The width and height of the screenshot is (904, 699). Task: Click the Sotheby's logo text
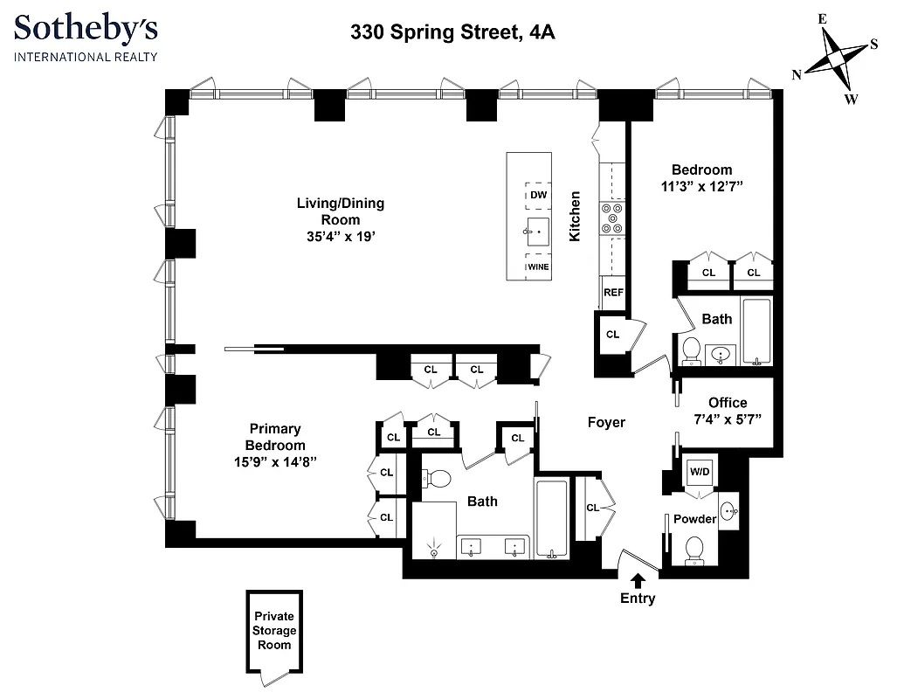click(86, 30)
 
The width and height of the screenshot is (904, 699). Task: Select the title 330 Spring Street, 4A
click(452, 33)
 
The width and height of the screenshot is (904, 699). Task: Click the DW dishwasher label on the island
click(538, 195)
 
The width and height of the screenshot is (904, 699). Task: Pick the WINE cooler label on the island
click(538, 266)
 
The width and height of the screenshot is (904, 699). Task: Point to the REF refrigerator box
click(613, 293)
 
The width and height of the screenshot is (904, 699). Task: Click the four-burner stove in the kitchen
click(611, 218)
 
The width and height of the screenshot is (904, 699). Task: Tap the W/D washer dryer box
click(700, 473)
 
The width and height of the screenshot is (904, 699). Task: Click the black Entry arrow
click(638, 579)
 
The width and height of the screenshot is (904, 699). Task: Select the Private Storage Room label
click(274, 630)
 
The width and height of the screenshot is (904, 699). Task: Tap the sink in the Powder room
click(728, 509)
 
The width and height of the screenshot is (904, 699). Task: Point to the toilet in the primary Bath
click(437, 479)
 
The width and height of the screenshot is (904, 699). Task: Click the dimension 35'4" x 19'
click(340, 236)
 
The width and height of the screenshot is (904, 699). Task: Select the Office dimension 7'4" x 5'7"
click(728, 419)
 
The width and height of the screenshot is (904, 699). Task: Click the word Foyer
click(605, 422)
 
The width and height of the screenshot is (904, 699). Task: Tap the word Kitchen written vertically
click(575, 216)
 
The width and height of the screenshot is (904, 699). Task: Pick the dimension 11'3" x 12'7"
click(701, 186)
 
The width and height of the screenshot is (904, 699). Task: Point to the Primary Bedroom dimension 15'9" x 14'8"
click(275, 461)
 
